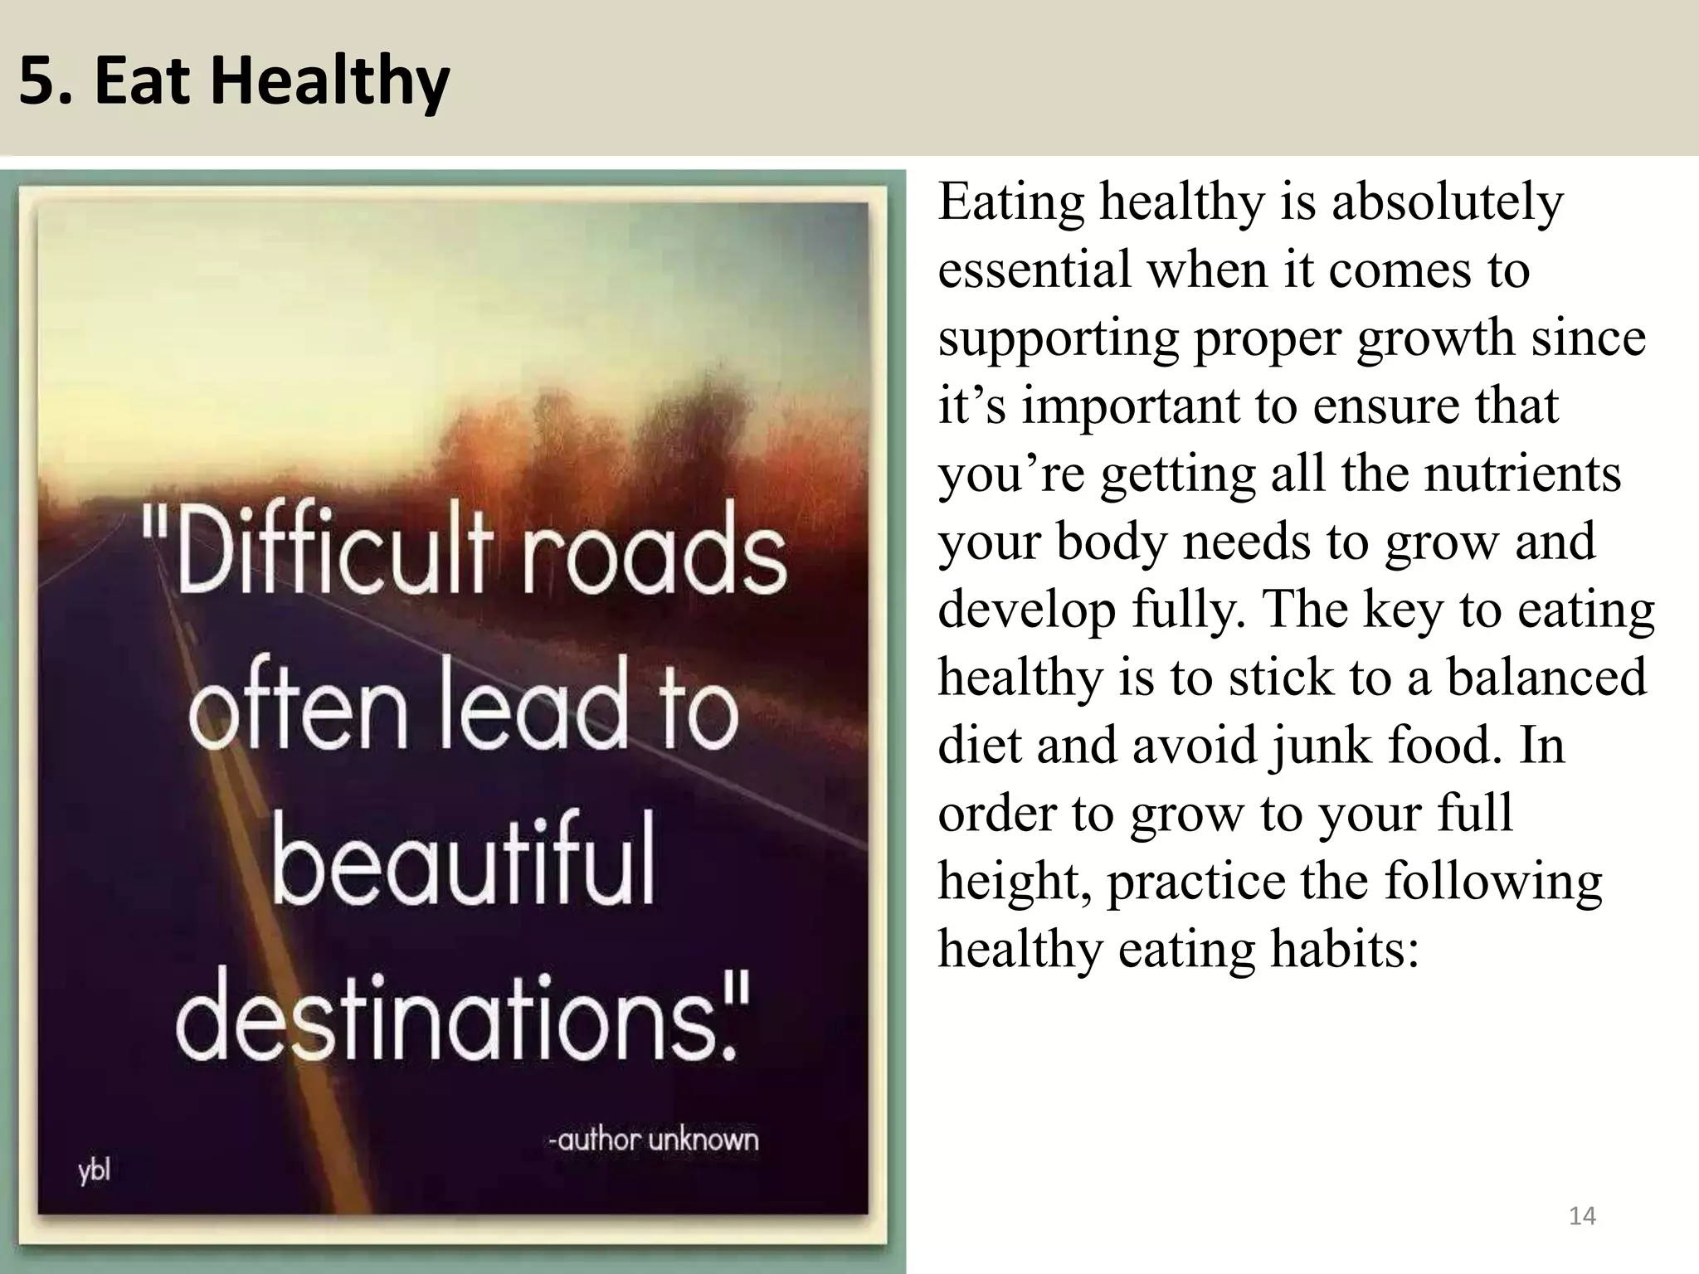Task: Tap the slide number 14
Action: click(1582, 1216)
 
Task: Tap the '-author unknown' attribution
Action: click(653, 1140)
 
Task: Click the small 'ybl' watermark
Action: click(95, 1172)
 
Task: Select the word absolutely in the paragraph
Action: click(1447, 202)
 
